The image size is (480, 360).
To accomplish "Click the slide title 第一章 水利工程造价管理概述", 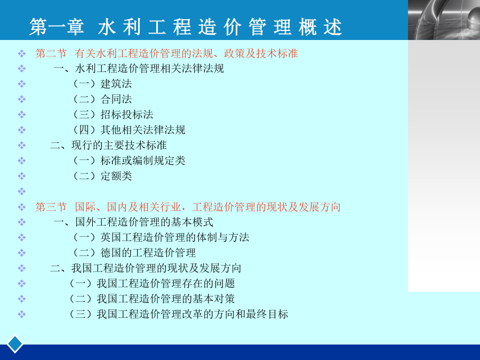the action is [x=186, y=27].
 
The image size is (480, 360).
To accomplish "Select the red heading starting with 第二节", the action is [x=166, y=53].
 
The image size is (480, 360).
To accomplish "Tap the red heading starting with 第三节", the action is [x=188, y=207].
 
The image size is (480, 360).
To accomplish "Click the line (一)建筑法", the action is [x=102, y=84].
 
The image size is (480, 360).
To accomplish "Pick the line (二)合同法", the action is [x=102, y=99].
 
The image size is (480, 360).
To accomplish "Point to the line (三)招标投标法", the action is [x=113, y=115].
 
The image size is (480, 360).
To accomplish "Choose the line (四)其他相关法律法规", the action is [x=129, y=130].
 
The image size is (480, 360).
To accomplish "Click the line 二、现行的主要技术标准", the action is [x=109, y=146].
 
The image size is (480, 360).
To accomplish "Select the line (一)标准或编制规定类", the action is [x=129, y=161].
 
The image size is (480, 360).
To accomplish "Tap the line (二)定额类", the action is [x=102, y=176].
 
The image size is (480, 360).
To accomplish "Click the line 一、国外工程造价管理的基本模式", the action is [x=134, y=222].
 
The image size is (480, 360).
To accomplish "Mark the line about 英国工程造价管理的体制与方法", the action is [x=161, y=237].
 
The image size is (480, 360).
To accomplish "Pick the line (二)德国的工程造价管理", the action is [x=134, y=253].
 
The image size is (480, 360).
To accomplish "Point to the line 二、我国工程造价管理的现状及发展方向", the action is [x=146, y=268].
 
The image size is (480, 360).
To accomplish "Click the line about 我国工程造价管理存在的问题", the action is [x=152, y=284].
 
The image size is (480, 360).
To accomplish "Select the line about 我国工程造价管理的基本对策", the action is [x=152, y=299].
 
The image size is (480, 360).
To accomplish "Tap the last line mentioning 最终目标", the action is [x=179, y=314].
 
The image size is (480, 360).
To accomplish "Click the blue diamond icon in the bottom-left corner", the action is [x=15, y=344].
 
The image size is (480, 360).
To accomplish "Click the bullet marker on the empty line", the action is [x=22, y=191].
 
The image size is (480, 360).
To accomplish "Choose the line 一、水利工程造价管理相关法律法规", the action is [x=139, y=69].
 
